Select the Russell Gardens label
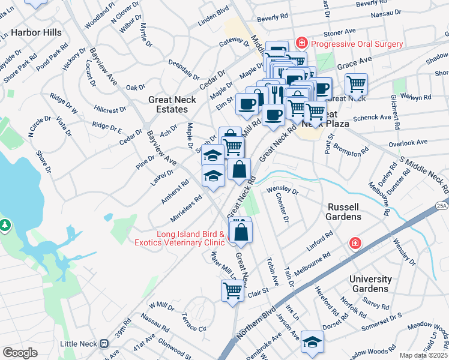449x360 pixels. [x=344, y=211]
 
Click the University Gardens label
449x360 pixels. [x=370, y=284]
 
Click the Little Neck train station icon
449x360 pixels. [x=104, y=344]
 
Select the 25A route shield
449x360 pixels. [x=442, y=205]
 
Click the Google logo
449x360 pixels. [x=20, y=353]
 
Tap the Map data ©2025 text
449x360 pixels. [x=424, y=355]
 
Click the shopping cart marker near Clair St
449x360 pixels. [x=232, y=291]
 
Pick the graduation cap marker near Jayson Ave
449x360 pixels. [x=312, y=341]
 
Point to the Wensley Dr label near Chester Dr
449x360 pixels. [x=282, y=191]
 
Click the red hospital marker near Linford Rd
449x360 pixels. [x=355, y=243]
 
